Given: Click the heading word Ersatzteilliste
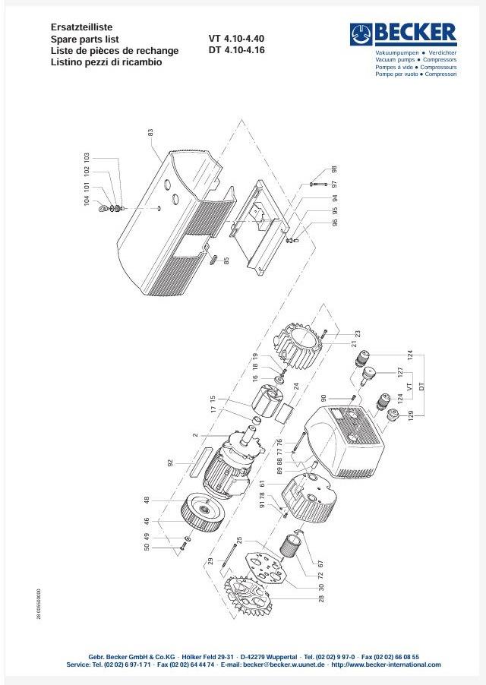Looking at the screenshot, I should tap(81, 27).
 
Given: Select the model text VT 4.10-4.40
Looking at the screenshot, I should tap(236, 39).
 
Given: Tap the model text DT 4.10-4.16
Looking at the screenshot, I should tap(236, 51).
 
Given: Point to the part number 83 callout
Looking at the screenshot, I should tap(150, 133).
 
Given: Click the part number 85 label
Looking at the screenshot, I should tap(226, 262).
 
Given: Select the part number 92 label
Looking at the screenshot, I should tap(171, 462).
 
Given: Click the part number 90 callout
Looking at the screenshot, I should tap(323, 397).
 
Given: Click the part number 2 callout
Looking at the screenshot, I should tap(195, 435).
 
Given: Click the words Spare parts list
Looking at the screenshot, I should tap(85, 39).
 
